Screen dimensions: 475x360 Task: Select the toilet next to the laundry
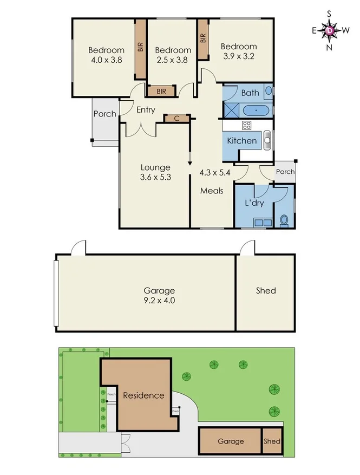coord(284,220)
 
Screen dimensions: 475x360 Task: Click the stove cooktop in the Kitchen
coord(246,126)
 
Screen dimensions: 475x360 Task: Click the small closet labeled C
coord(176,118)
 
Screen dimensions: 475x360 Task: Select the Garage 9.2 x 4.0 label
coord(159,295)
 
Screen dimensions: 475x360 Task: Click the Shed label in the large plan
coord(266,290)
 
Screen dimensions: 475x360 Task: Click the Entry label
coord(146,110)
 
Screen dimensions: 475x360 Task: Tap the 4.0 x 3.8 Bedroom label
coord(106,55)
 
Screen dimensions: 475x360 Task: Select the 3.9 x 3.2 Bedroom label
coord(239,51)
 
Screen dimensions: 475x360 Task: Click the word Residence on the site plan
coord(143,395)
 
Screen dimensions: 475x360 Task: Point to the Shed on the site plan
coord(272,441)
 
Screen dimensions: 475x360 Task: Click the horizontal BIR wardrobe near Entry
coord(161,92)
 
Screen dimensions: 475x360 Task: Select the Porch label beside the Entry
coord(104,114)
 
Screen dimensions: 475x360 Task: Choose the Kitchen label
coord(241,141)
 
